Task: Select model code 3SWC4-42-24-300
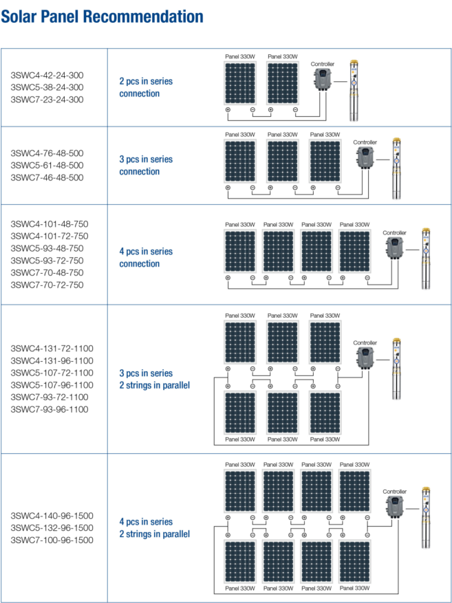click(47, 75)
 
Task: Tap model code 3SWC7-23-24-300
click(47, 100)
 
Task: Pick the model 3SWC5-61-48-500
click(47, 165)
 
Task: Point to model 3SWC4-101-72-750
click(50, 236)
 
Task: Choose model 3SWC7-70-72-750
click(47, 285)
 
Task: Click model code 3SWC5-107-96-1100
click(52, 385)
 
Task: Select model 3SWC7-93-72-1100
click(50, 397)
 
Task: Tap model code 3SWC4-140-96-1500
click(52, 516)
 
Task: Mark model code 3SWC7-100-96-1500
click(52, 540)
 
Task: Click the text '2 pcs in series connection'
click(146, 87)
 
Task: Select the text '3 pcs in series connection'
click(146, 166)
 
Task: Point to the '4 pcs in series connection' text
click(146, 258)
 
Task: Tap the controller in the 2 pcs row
click(322, 82)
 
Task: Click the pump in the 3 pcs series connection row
click(396, 169)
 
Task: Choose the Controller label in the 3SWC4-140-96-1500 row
click(394, 492)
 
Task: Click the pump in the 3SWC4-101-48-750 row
click(427, 259)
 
